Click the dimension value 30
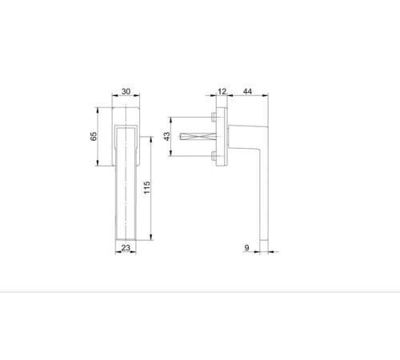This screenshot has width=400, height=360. pos(126,91)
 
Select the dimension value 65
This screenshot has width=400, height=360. pos(94,136)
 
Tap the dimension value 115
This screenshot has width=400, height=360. pos(147,187)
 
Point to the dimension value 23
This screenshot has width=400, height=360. pos(126,248)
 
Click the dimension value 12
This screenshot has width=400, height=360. pos(222,91)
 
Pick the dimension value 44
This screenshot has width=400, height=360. pos(247,91)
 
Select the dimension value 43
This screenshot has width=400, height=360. pos(166,136)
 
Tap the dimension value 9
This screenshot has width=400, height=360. pos(246,248)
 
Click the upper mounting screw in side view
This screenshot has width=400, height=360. pos(214,117)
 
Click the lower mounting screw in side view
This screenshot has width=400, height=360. pos(214,156)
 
